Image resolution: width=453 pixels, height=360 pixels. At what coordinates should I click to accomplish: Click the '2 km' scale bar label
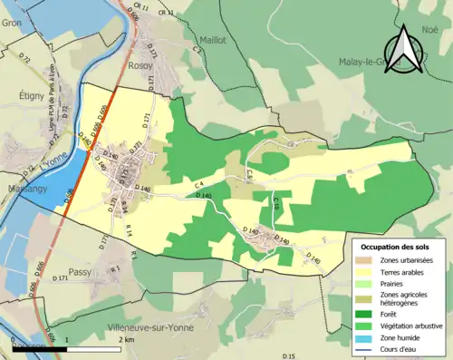coord(127,338)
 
